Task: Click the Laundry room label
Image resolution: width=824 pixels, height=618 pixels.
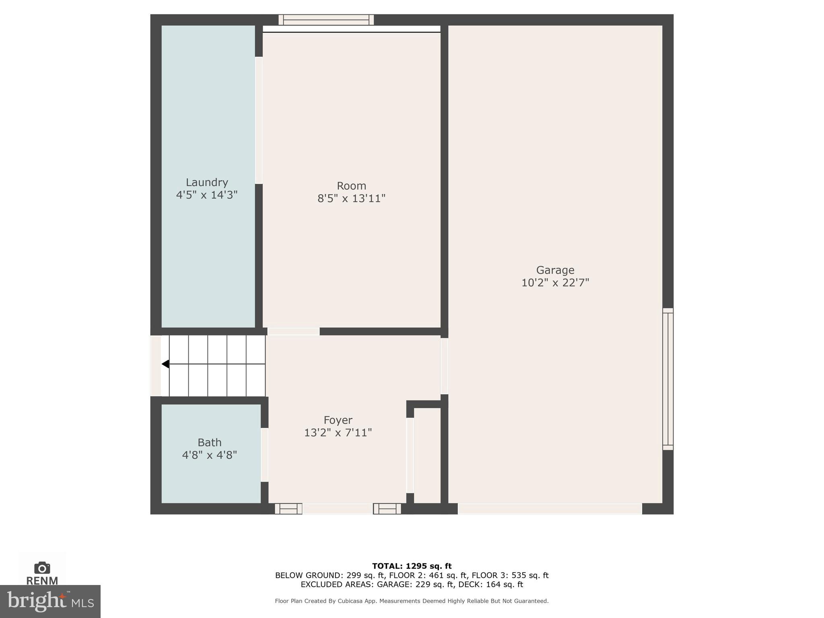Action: (207, 183)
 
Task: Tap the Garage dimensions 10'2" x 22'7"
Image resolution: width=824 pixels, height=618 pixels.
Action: (555, 283)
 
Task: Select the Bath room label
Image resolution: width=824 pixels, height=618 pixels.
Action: (209, 443)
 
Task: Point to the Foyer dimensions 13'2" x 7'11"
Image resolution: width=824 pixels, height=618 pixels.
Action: (338, 433)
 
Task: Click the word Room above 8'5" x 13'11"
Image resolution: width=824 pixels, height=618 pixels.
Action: (351, 186)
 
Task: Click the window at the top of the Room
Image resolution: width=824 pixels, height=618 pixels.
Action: (326, 20)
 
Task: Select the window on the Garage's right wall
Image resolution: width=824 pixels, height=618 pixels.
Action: (667, 379)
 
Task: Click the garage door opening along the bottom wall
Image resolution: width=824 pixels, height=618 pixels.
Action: (550, 509)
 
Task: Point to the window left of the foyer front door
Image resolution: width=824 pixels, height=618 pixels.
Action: (288, 509)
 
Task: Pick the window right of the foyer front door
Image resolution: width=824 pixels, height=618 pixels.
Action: (387, 509)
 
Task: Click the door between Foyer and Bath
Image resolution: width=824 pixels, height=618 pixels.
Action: (264, 455)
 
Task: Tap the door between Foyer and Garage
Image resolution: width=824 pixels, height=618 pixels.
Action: (444, 366)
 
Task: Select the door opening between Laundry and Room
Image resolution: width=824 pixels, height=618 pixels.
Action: (259, 120)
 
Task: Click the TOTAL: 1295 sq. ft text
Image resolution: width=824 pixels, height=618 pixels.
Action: (412, 566)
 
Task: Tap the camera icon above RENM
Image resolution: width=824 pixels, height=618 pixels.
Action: (42, 568)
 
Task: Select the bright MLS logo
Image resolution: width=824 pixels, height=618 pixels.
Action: (50, 602)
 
